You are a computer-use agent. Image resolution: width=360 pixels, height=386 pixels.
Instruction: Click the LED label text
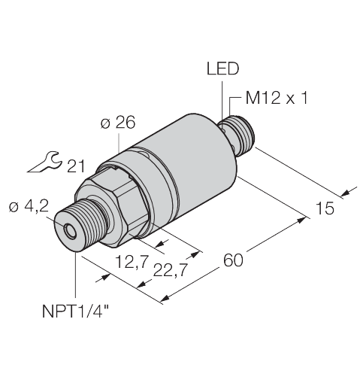pos(222,69)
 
